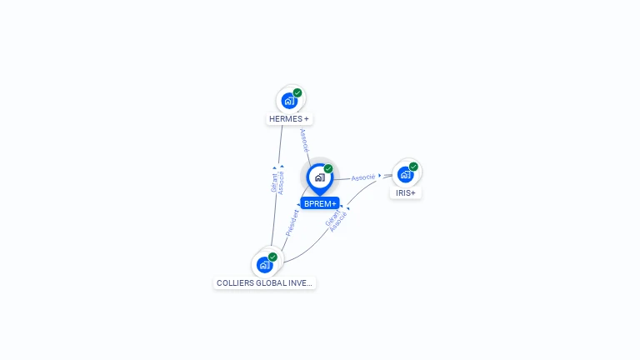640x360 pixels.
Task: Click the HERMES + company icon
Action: click(289, 101)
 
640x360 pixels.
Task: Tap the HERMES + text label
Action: click(289, 119)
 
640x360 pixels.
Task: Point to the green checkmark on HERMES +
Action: click(297, 93)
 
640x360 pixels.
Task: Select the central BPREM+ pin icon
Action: click(319, 177)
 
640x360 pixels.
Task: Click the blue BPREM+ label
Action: click(320, 203)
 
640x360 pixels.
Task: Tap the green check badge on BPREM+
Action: click(328, 169)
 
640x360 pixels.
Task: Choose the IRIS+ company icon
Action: click(405, 174)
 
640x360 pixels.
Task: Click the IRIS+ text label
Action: click(406, 192)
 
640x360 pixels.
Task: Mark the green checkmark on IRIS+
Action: click(413, 167)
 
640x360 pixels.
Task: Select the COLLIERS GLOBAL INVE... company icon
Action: click(264, 265)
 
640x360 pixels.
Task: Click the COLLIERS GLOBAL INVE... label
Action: click(264, 283)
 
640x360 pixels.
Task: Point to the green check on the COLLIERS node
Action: click(272, 257)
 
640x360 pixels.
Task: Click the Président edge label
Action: click(292, 222)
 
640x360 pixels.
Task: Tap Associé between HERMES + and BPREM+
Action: click(304, 139)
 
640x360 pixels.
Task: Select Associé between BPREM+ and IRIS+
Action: click(362, 177)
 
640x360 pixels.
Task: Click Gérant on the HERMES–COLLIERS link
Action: click(273, 181)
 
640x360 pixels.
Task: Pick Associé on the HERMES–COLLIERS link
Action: click(281, 182)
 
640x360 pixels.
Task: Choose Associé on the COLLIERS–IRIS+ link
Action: click(337, 222)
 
